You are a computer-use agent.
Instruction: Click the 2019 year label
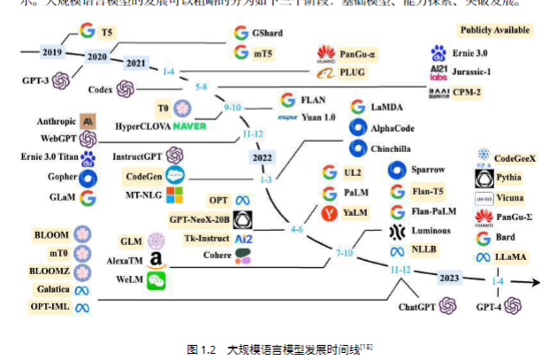tap(52, 52)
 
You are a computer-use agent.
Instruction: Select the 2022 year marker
tap(263, 157)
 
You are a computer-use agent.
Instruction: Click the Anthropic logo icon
tap(88, 121)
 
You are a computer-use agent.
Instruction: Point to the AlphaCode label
tap(396, 127)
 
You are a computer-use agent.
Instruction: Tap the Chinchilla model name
tap(395, 148)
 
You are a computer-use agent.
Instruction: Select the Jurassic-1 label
tap(484, 72)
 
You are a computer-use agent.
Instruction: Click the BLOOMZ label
tap(51, 271)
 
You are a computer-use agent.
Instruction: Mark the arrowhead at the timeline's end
tap(537, 283)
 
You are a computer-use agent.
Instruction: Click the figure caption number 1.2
tap(210, 349)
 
